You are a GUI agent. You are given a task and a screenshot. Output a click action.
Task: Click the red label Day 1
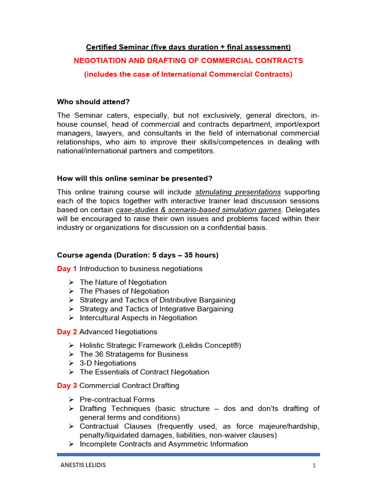pyautogui.click(x=67, y=269)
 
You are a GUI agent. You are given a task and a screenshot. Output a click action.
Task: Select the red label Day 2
pyautogui.click(x=67, y=332)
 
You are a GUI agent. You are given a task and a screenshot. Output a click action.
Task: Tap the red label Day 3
pyautogui.click(x=67, y=386)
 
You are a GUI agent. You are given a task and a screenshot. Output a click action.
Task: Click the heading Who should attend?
pyautogui.click(x=93, y=102)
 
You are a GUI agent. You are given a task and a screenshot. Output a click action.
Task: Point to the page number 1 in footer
pyautogui.click(x=314, y=466)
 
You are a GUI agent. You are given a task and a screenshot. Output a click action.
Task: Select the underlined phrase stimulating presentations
pyautogui.click(x=238, y=192)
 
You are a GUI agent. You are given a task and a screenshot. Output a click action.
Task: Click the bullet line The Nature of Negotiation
pyautogui.click(x=123, y=282)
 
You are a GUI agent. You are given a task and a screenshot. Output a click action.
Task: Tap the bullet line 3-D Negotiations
pyautogui.click(x=108, y=363)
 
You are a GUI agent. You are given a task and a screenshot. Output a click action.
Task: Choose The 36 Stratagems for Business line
pyautogui.click(x=134, y=354)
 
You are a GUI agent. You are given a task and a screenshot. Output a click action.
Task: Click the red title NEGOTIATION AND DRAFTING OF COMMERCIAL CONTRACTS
pyautogui.click(x=188, y=61)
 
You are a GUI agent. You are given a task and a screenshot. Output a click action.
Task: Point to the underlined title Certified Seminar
pyautogui.click(x=188, y=47)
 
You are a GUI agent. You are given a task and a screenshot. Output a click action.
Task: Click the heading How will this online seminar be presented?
pyautogui.click(x=135, y=178)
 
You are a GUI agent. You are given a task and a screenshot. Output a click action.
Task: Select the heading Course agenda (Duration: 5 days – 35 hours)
pyautogui.click(x=138, y=255)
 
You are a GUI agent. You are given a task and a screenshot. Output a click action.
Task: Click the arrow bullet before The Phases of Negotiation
pyautogui.click(x=71, y=291)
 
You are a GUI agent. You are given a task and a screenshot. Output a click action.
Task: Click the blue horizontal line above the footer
pyautogui.click(x=188, y=454)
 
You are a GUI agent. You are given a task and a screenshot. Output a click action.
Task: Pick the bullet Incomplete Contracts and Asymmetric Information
pyautogui.click(x=164, y=444)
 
